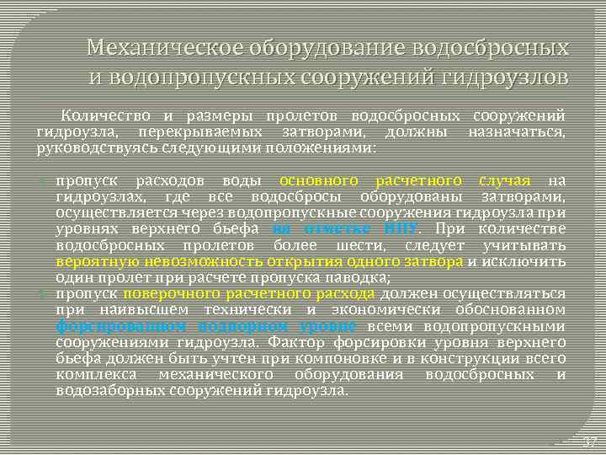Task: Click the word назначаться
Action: pyautogui.click(x=517, y=132)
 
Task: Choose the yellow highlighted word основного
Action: pyautogui.click(x=319, y=180)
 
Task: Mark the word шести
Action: pyautogui.click(x=360, y=245)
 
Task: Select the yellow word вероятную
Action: pyautogui.click(x=88, y=261)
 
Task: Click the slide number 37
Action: pyautogui.click(x=589, y=442)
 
